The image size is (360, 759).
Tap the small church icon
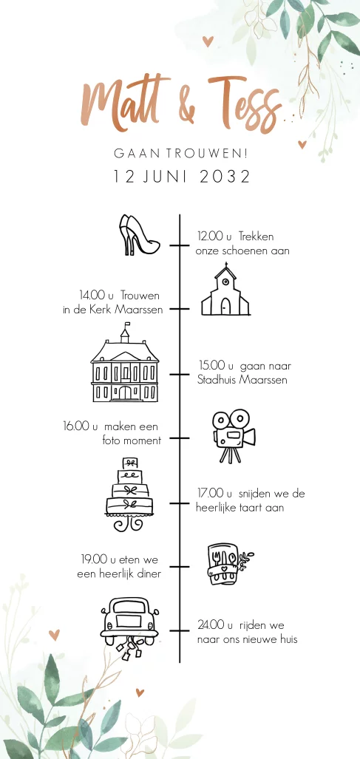pyautogui.click(x=225, y=290)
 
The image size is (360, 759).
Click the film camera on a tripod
pyautogui.click(x=234, y=435)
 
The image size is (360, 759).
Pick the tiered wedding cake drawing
pyautogui.click(x=129, y=494)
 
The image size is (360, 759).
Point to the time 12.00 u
pyautogui.click(x=211, y=236)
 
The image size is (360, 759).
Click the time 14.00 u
pyautogui.click(x=96, y=295)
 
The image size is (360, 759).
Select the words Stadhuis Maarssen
pyautogui.click(x=242, y=380)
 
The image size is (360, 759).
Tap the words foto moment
pyautogui.click(x=132, y=440)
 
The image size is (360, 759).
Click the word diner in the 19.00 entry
pyautogui.click(x=149, y=574)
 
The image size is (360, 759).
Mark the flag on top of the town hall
pyautogui.click(x=126, y=324)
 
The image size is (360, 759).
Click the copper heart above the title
pyautogui.click(x=208, y=41)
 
